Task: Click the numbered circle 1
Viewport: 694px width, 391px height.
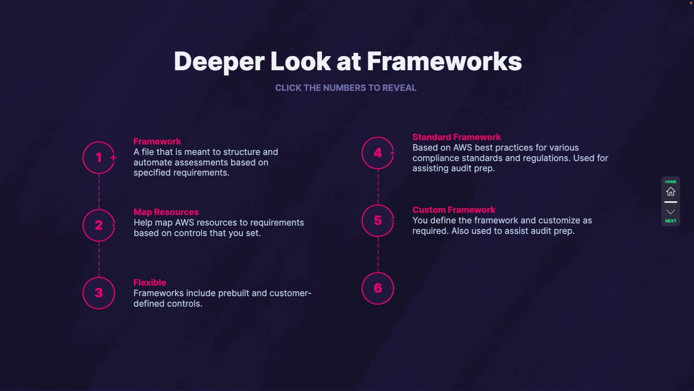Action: pyautogui.click(x=99, y=157)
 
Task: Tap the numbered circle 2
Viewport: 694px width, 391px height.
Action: pyautogui.click(x=99, y=225)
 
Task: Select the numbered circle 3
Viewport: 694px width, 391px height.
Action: pyautogui.click(x=99, y=293)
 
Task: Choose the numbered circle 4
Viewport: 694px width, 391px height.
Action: pyautogui.click(x=378, y=153)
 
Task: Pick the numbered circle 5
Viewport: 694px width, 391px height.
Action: pyautogui.click(x=378, y=220)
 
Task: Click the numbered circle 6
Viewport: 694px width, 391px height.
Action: pyautogui.click(x=378, y=288)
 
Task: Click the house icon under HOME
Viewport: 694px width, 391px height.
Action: pyautogui.click(x=671, y=192)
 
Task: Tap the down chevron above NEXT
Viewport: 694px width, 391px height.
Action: pyautogui.click(x=671, y=212)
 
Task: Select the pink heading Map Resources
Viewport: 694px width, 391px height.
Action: pyautogui.click(x=166, y=212)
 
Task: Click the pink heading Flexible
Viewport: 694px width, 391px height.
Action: pyautogui.click(x=150, y=282)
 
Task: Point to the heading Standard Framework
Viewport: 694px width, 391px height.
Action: pyautogui.click(x=457, y=137)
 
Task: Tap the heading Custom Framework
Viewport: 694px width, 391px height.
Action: pyautogui.click(x=454, y=210)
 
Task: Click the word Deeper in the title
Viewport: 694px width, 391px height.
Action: pyautogui.click(x=219, y=62)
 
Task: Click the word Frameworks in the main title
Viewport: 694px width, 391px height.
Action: pyautogui.click(x=444, y=62)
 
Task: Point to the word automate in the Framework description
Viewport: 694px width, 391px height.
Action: pyautogui.click(x=153, y=163)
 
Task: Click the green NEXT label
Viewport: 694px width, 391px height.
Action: pyautogui.click(x=671, y=221)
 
